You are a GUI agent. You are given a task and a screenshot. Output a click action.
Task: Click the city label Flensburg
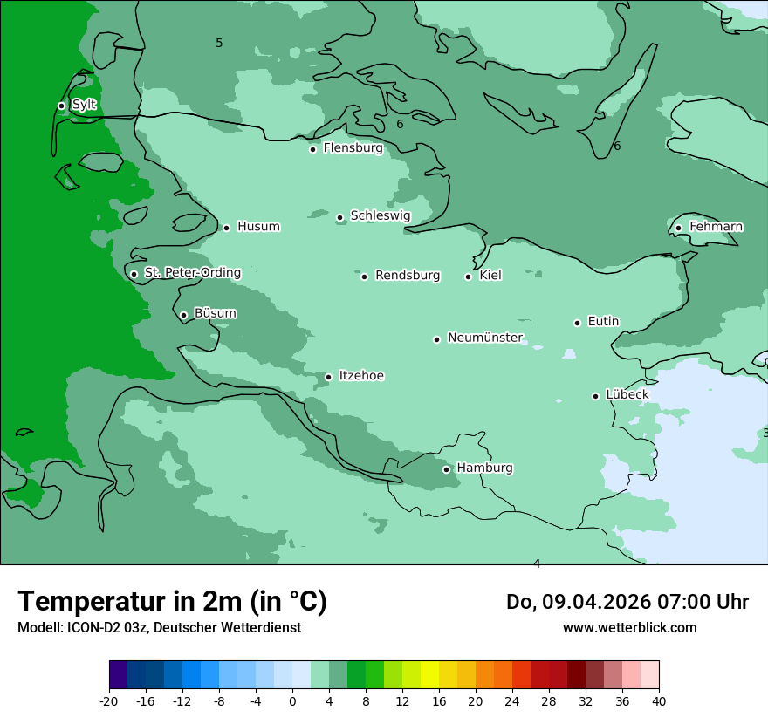(x=353, y=148)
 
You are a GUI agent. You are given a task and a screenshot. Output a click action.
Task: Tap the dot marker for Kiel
(x=469, y=277)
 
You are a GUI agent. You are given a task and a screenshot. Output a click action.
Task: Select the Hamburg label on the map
(x=484, y=468)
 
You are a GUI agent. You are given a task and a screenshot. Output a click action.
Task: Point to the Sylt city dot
(x=61, y=106)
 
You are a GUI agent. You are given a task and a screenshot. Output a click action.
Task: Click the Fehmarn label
(x=716, y=227)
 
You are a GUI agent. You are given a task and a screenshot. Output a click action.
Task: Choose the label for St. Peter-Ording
(x=192, y=273)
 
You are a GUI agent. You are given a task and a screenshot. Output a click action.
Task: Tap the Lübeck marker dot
(x=596, y=396)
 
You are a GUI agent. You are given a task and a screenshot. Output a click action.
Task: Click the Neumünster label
(x=485, y=338)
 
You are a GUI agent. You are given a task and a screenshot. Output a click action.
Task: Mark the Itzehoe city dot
(x=328, y=377)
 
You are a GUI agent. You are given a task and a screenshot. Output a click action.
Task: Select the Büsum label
(x=215, y=313)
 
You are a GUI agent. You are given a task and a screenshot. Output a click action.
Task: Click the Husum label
(x=258, y=227)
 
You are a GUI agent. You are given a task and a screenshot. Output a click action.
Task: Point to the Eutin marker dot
(x=578, y=323)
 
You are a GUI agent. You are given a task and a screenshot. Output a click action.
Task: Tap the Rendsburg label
(x=408, y=276)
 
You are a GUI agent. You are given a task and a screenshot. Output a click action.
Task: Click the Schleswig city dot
(x=340, y=217)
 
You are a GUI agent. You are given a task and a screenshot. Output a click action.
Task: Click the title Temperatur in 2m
(x=172, y=602)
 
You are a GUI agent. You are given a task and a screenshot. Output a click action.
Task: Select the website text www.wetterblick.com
(x=629, y=627)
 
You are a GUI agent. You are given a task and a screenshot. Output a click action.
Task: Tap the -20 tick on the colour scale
(x=109, y=700)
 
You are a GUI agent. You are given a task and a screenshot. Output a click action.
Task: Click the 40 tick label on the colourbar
(x=659, y=700)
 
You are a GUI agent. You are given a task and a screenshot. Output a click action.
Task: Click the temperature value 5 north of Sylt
(x=219, y=43)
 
